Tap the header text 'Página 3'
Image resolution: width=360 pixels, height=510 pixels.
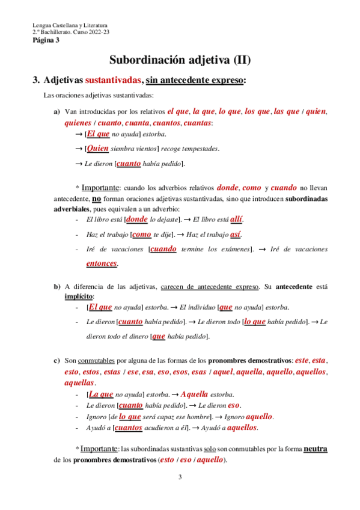click(x=46, y=40)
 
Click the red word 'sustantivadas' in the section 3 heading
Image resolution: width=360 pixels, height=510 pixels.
click(x=114, y=80)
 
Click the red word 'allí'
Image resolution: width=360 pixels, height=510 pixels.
click(x=236, y=219)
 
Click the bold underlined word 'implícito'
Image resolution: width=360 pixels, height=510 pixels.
click(x=79, y=296)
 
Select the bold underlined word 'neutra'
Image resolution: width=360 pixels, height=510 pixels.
click(x=316, y=449)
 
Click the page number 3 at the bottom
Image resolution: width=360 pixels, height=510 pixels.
click(x=180, y=478)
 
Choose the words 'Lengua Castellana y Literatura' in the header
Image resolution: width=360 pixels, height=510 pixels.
click(x=70, y=26)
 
